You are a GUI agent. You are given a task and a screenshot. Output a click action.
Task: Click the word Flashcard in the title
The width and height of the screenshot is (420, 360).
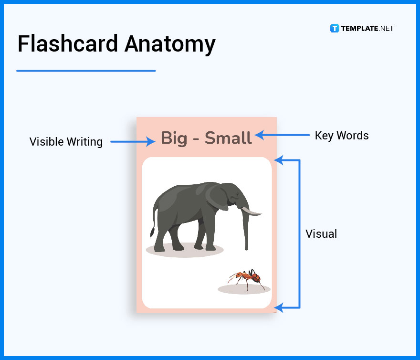point(68,44)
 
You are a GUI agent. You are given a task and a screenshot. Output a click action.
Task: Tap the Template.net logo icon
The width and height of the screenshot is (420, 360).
point(334,29)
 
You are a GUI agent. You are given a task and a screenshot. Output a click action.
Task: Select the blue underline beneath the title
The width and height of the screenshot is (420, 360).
point(86,71)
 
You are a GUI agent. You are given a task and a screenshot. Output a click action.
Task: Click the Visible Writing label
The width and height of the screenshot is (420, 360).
point(66,142)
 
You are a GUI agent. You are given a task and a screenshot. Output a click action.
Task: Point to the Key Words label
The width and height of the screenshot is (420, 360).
point(342,136)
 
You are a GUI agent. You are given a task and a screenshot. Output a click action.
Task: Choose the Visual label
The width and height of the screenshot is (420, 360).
point(321,234)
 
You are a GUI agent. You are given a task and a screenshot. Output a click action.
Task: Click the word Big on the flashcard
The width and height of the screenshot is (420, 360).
point(174,138)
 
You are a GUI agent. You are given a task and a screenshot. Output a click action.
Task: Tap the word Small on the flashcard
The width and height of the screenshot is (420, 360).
point(228,138)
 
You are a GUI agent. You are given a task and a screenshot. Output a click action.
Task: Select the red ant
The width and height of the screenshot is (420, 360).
point(247,277)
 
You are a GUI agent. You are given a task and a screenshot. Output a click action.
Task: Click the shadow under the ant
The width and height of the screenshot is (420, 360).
point(244,289)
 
